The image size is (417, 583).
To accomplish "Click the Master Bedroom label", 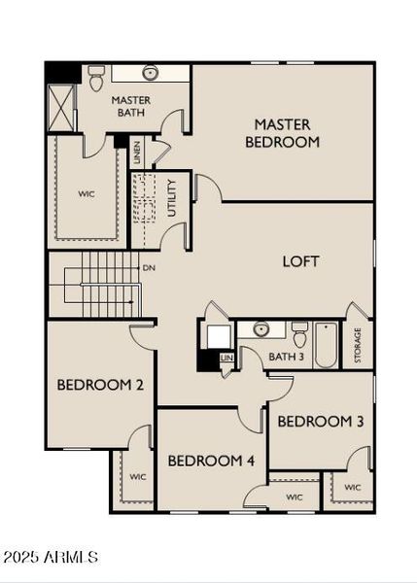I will pyautogui.click(x=282, y=133).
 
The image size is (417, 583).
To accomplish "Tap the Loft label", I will pyautogui.click(x=300, y=261).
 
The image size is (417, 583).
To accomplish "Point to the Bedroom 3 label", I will pyautogui.click(x=314, y=422).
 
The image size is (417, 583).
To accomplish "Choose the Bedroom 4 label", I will pyautogui.click(x=211, y=460).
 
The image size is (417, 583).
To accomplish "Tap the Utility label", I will pyautogui.click(x=171, y=197).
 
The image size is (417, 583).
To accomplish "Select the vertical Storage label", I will pyautogui.click(x=358, y=345).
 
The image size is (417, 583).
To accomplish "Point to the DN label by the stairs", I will pyautogui.click(x=149, y=268).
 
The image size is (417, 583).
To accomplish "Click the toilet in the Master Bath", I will pyautogui.click(x=96, y=78).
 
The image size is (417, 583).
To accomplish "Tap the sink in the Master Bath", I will pyautogui.click(x=150, y=73).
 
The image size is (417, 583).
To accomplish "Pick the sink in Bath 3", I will pyautogui.click(x=261, y=329).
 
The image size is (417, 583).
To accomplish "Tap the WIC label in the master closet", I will pyautogui.click(x=87, y=193).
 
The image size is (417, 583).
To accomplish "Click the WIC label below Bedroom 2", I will pyautogui.click(x=137, y=477).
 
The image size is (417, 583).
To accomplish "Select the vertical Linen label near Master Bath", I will pyautogui.click(x=138, y=152).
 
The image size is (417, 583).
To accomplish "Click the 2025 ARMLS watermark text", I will pyautogui.click(x=51, y=557).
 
